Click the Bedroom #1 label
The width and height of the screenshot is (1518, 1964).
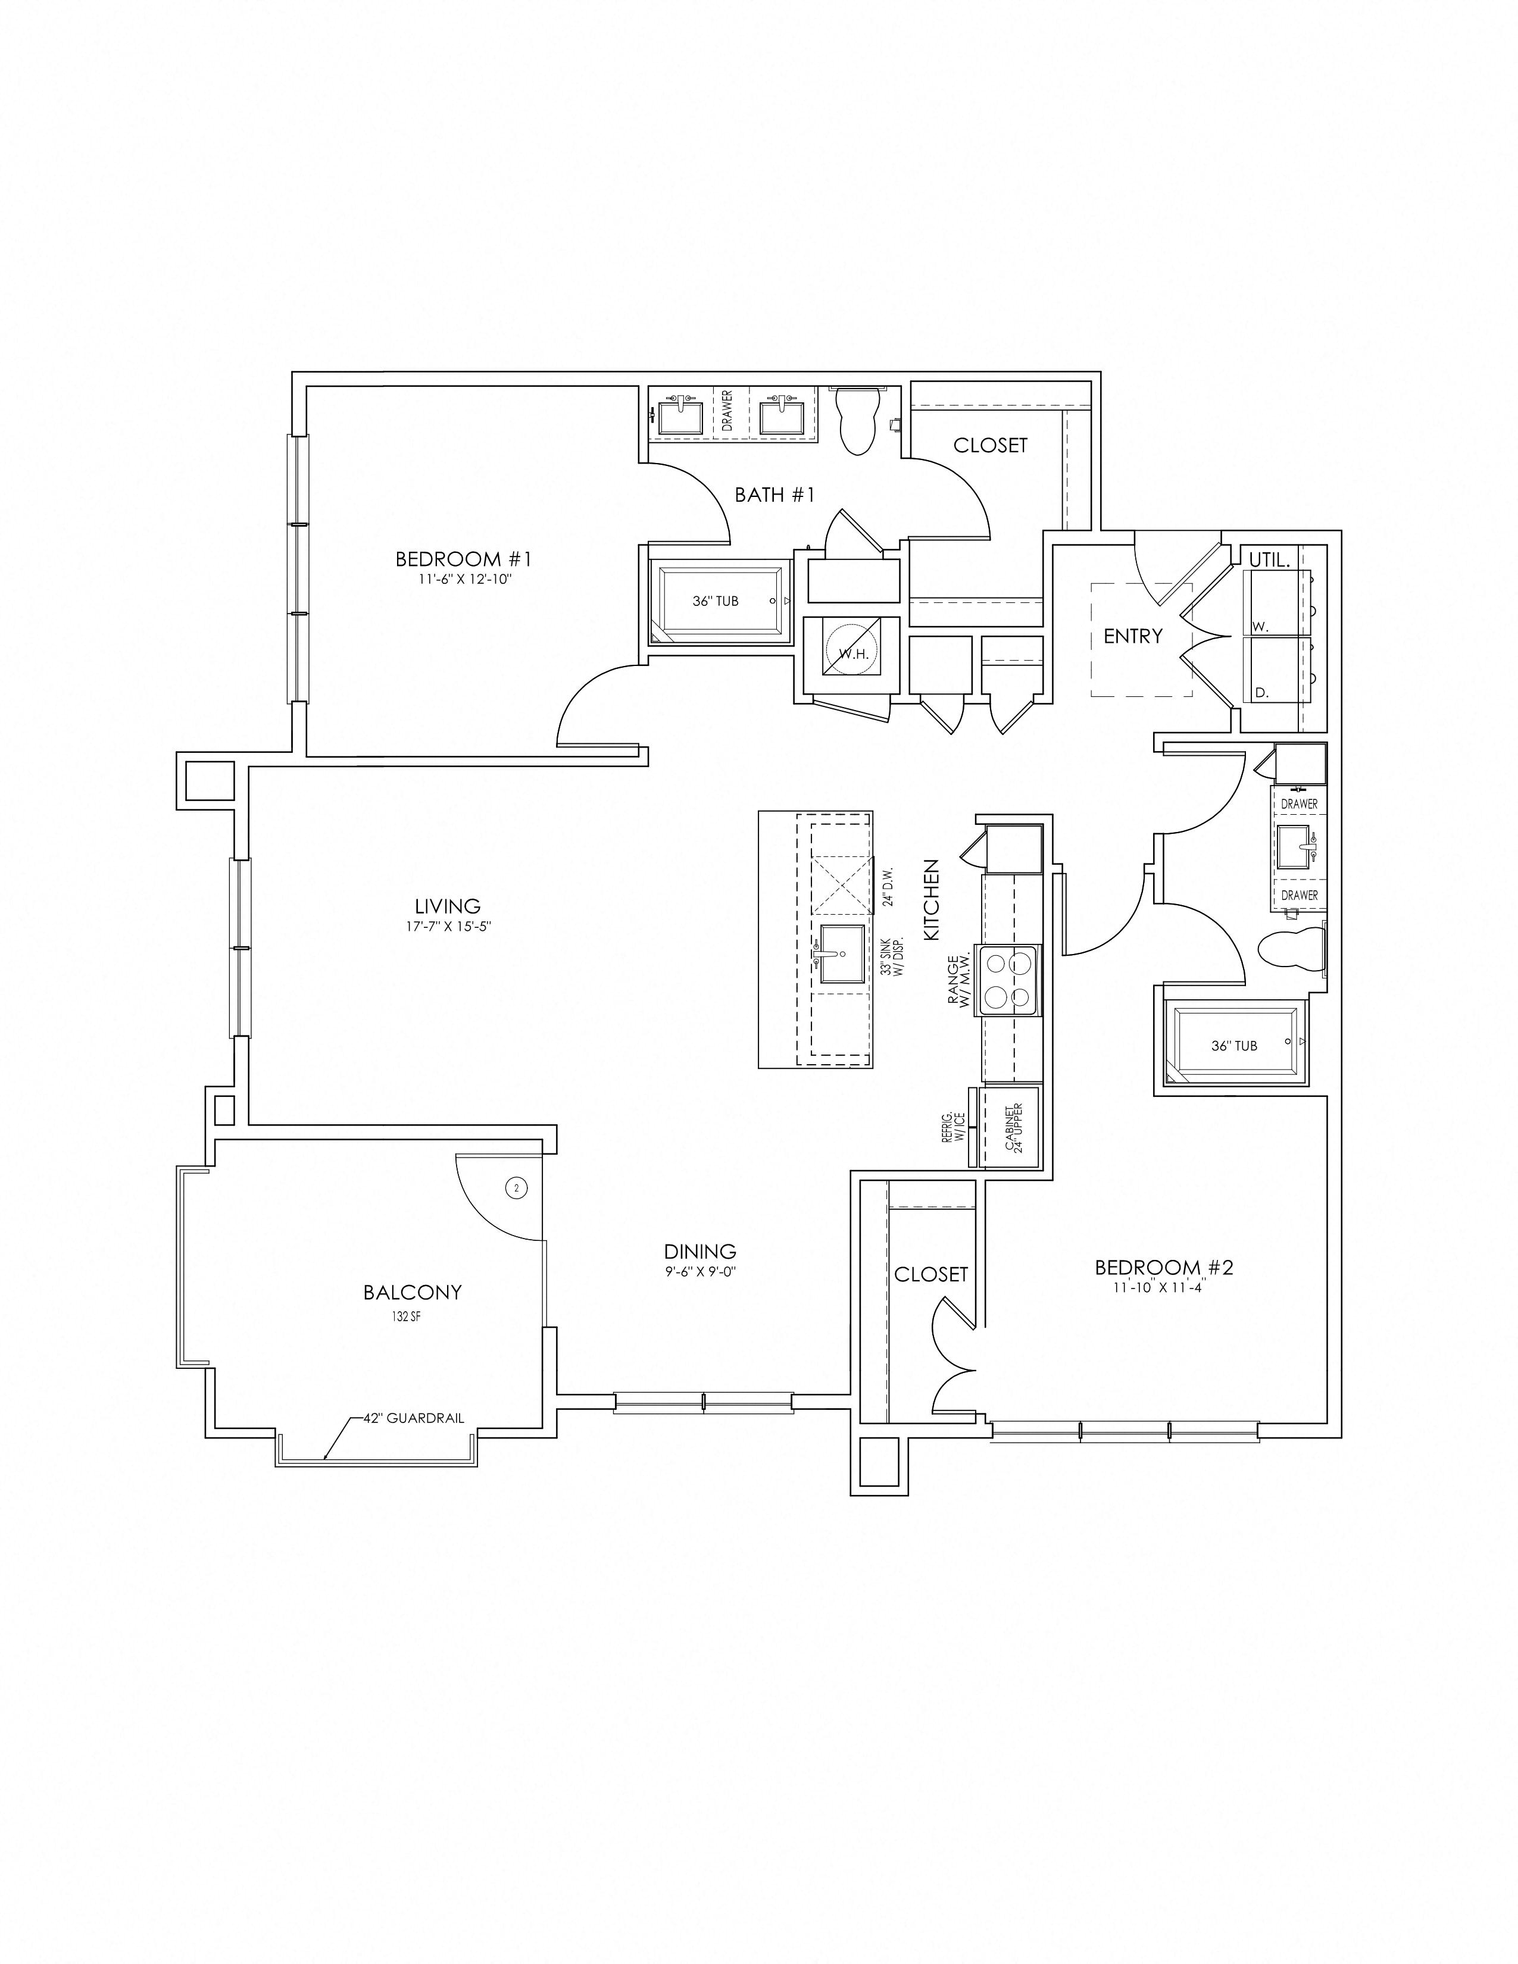pos(464,559)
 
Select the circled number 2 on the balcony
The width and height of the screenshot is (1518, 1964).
pos(516,1188)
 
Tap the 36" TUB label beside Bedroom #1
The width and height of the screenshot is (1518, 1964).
pos(716,601)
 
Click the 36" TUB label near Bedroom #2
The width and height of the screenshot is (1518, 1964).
pos(1235,1046)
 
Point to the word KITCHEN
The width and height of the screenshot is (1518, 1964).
pos(932,900)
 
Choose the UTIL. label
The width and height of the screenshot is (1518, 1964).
pos(1269,559)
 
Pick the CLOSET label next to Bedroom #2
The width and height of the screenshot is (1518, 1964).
pos(931,1274)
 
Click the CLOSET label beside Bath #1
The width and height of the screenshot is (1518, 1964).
pos(990,445)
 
